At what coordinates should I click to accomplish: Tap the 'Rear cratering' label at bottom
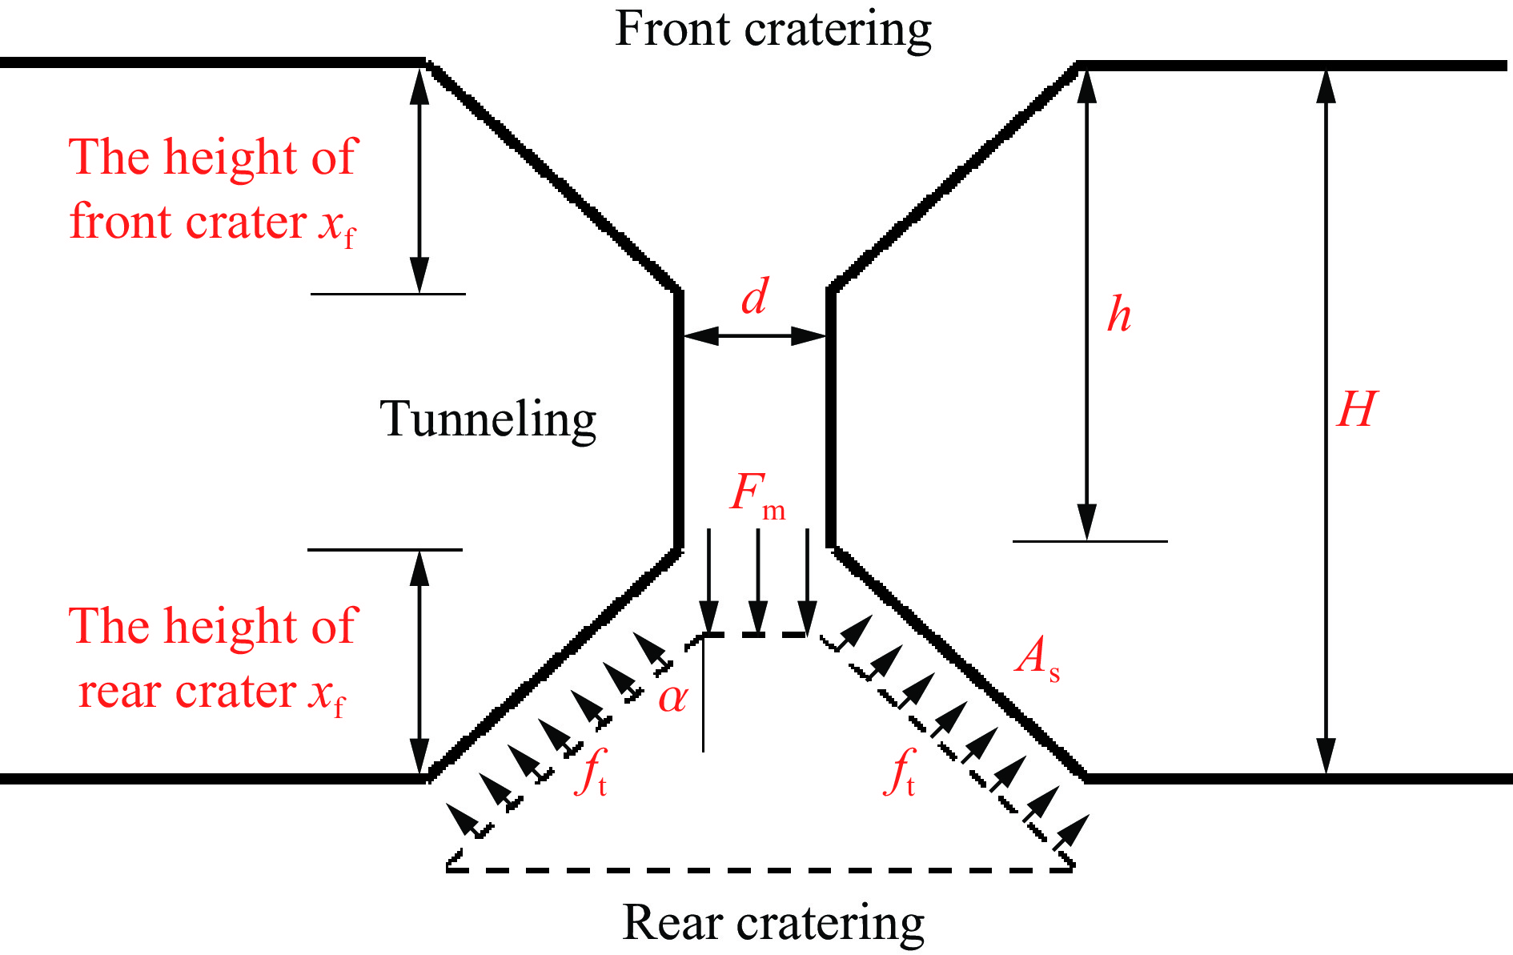[773, 923]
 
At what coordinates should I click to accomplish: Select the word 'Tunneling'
[488, 419]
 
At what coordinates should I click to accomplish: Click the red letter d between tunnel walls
[754, 297]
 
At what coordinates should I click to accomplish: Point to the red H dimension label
[1357, 410]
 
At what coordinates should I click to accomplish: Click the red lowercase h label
[1119, 315]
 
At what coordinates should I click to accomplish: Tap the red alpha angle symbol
[672, 698]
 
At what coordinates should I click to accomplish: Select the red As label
[1037, 658]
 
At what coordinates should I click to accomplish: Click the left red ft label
[591, 772]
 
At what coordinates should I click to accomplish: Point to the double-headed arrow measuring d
[754, 336]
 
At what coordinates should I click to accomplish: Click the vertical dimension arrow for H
[1326, 421]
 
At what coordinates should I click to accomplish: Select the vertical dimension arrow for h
[1086, 304]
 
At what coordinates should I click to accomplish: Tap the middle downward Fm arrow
[758, 580]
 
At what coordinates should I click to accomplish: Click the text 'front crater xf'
[212, 223]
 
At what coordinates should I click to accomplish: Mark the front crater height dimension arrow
[419, 180]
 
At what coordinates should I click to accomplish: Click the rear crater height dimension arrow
[419, 663]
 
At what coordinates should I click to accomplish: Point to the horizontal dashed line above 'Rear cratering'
[759, 869]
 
